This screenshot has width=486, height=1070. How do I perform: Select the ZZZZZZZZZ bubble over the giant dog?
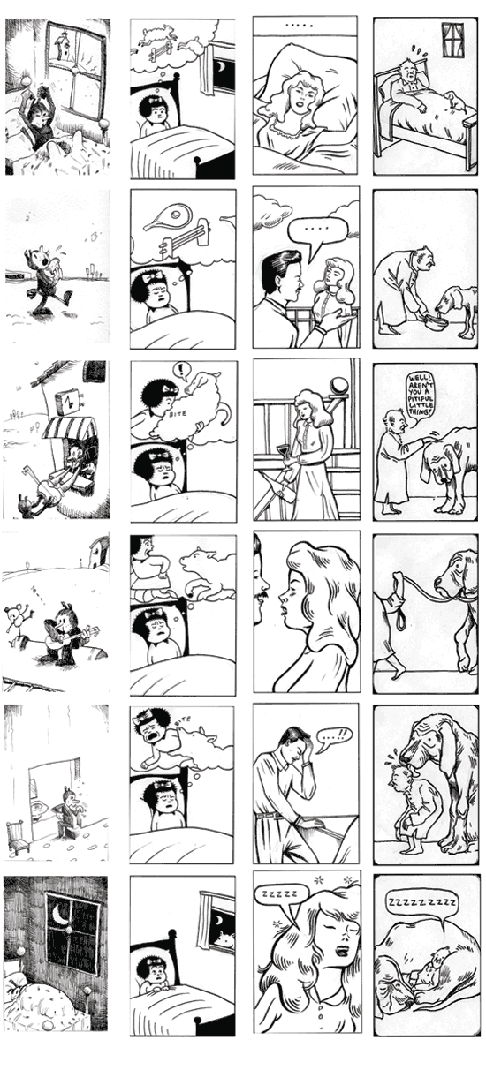point(421,902)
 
